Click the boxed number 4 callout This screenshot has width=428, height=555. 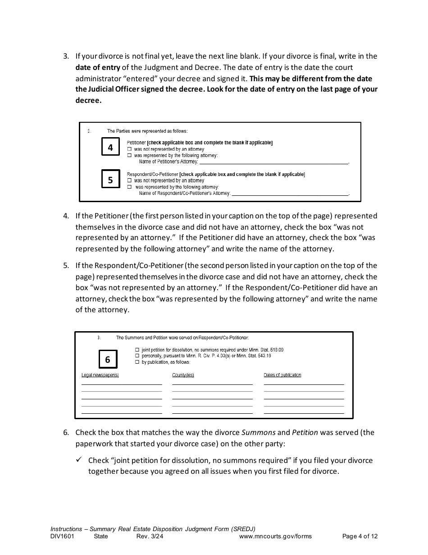coord(110,148)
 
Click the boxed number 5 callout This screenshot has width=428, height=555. coord(110,180)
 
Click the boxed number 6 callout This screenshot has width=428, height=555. coord(108,360)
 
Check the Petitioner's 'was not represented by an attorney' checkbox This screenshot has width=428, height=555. coord(129,149)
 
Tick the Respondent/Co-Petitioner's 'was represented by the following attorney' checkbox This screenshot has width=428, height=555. coord(129,187)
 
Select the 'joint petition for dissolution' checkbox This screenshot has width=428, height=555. coord(137,350)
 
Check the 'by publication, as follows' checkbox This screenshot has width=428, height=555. coord(137,362)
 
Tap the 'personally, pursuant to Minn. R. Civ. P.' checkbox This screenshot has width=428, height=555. coord(137,356)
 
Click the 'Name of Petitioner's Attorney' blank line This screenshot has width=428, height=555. coord(273,162)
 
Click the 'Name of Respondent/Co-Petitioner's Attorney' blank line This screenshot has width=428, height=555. coord(290,194)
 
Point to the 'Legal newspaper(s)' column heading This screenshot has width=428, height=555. coord(100,375)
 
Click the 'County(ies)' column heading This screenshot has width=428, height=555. coord(183,375)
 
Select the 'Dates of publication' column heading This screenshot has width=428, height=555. coord(282,375)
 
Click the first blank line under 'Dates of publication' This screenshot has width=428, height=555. coord(304,384)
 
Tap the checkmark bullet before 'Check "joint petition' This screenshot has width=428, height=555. coord(78,460)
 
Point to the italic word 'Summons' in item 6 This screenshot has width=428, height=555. coord(259,432)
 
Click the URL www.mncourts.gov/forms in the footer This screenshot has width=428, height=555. coord(275,536)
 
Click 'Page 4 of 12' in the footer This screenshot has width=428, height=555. coord(360,536)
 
